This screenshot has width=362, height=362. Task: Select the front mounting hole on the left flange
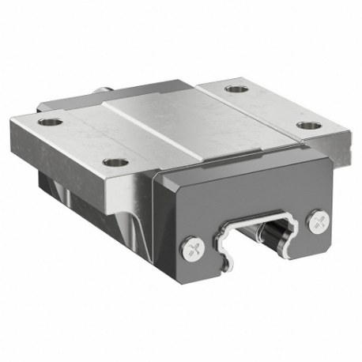115,161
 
